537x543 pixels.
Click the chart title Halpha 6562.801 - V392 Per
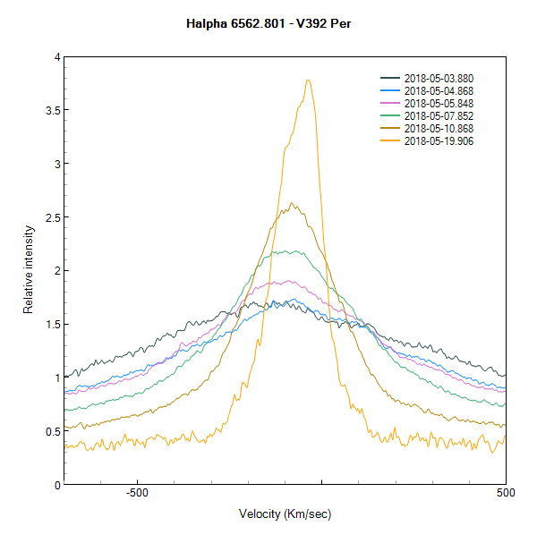pyautogui.click(x=268, y=22)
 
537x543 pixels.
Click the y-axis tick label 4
pyautogui.click(x=56, y=57)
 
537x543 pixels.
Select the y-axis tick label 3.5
pyautogui.click(x=52, y=111)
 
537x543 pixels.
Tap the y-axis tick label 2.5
pyautogui.click(x=52, y=217)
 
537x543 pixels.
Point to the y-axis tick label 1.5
pyautogui.click(x=52, y=325)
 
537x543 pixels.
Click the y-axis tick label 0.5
pyautogui.click(x=52, y=431)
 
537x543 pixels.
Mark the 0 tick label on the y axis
pyautogui.click(x=56, y=485)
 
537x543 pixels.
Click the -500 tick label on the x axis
pyautogui.click(x=136, y=493)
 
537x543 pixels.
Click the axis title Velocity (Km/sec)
pyautogui.click(x=286, y=514)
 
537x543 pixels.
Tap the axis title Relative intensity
pyautogui.click(x=29, y=271)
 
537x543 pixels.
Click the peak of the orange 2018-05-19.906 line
pyautogui.click(x=308, y=80)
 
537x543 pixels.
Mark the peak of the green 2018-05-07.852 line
pyautogui.click(x=288, y=250)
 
